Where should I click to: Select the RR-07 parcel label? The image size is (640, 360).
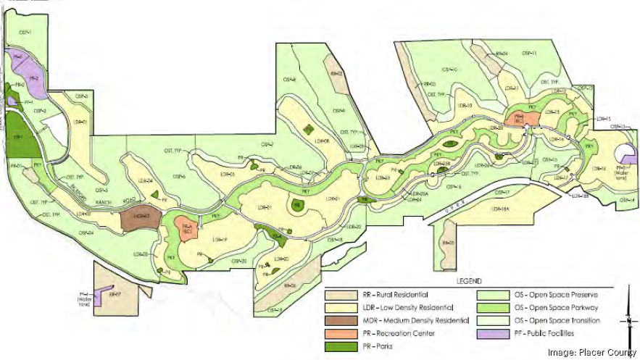(114, 295)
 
